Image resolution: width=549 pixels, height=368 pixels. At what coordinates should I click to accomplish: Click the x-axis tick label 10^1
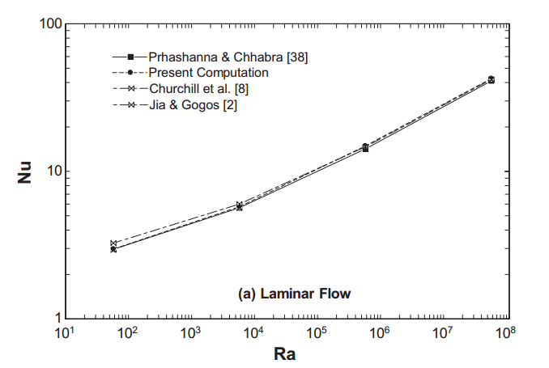[63, 332]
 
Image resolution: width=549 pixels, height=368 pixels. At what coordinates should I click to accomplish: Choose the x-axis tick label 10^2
[127, 332]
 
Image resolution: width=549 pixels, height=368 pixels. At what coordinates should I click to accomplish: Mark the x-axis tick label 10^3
[190, 332]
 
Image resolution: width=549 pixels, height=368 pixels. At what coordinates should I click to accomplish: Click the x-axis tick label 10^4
[253, 332]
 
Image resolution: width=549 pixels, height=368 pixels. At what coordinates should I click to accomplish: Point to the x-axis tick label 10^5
[317, 332]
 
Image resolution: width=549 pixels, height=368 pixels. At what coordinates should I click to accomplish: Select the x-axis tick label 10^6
[380, 332]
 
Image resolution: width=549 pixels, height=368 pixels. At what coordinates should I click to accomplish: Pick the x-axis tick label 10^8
[506, 332]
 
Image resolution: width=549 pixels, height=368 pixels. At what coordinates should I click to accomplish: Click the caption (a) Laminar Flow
[295, 294]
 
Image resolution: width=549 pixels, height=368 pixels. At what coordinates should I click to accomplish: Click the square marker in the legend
[130, 57]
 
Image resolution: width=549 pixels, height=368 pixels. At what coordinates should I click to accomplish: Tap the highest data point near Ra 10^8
[491, 78]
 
